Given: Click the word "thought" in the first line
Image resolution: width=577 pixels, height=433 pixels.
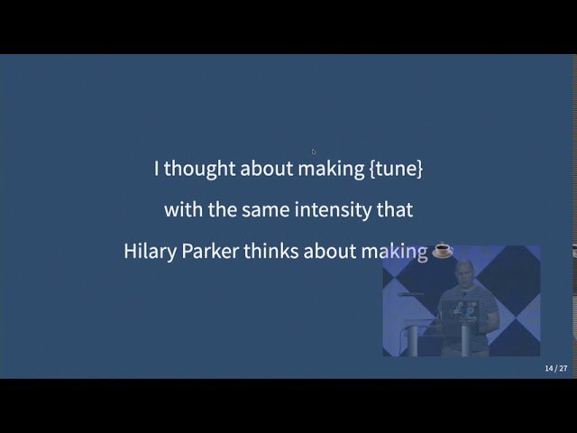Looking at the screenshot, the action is [x=199, y=169].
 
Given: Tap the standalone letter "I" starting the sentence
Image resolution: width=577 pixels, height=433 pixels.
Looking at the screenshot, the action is [x=156, y=169].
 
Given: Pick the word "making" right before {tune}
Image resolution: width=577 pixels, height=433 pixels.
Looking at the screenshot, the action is [x=331, y=169].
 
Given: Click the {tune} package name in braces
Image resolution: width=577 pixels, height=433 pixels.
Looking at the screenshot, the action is [x=396, y=169].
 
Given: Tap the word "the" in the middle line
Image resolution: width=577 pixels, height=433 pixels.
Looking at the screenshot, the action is [x=223, y=209].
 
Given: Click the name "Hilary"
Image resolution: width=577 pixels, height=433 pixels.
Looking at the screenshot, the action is [x=151, y=252].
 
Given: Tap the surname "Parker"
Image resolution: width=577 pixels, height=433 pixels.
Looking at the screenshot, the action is [x=210, y=251].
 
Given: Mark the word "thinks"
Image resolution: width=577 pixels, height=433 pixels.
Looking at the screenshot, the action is [x=270, y=251].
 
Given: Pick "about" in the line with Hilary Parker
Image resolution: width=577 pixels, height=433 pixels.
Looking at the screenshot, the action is [x=330, y=251].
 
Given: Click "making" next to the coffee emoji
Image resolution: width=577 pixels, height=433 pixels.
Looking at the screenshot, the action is [x=395, y=252].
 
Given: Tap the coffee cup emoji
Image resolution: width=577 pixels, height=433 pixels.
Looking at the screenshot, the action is [x=443, y=250].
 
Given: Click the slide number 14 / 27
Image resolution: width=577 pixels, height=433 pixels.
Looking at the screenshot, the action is [x=556, y=368].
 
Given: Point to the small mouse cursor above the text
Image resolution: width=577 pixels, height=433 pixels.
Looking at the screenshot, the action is [x=313, y=152].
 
